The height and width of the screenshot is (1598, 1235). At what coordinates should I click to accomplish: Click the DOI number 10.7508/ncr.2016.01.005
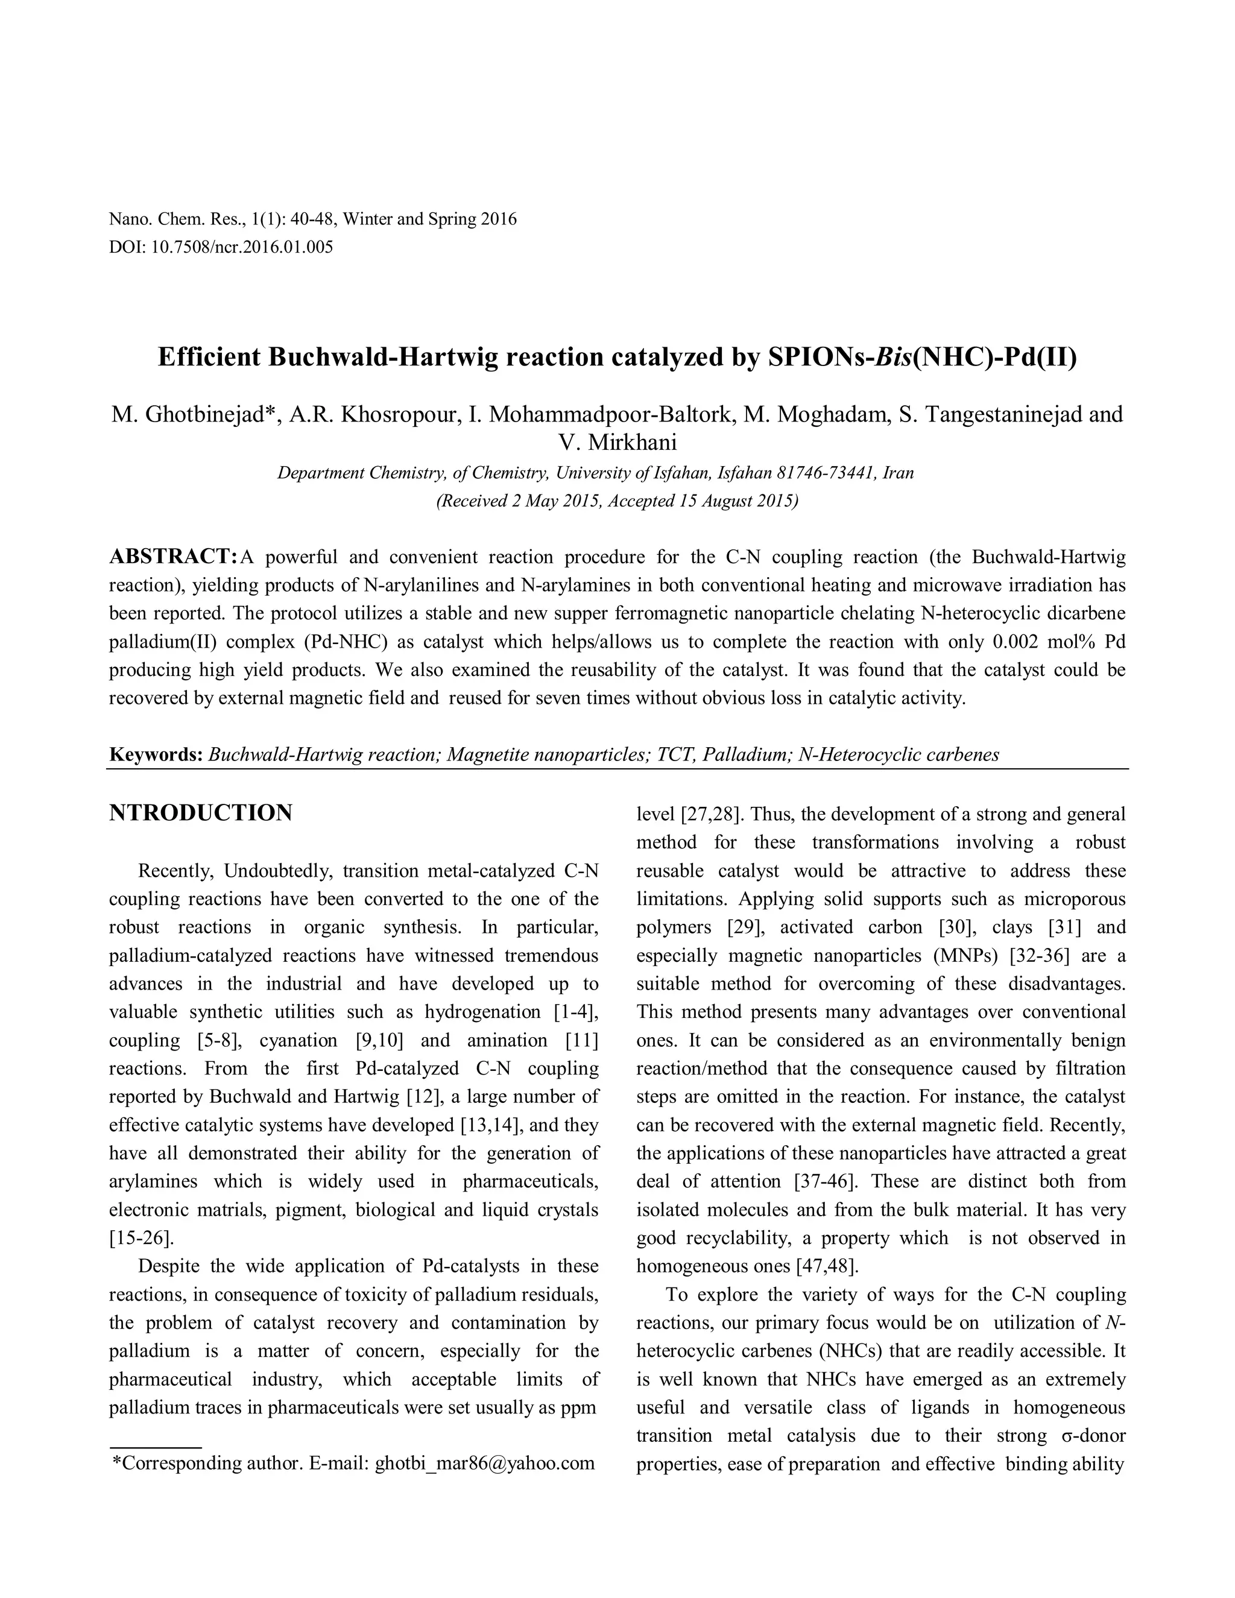tap(241, 247)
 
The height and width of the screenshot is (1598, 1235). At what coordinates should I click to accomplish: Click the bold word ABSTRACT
tap(171, 557)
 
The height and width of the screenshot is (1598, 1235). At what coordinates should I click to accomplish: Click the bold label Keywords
tap(155, 754)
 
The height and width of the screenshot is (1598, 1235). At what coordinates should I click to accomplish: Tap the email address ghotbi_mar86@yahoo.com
tap(484, 1463)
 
